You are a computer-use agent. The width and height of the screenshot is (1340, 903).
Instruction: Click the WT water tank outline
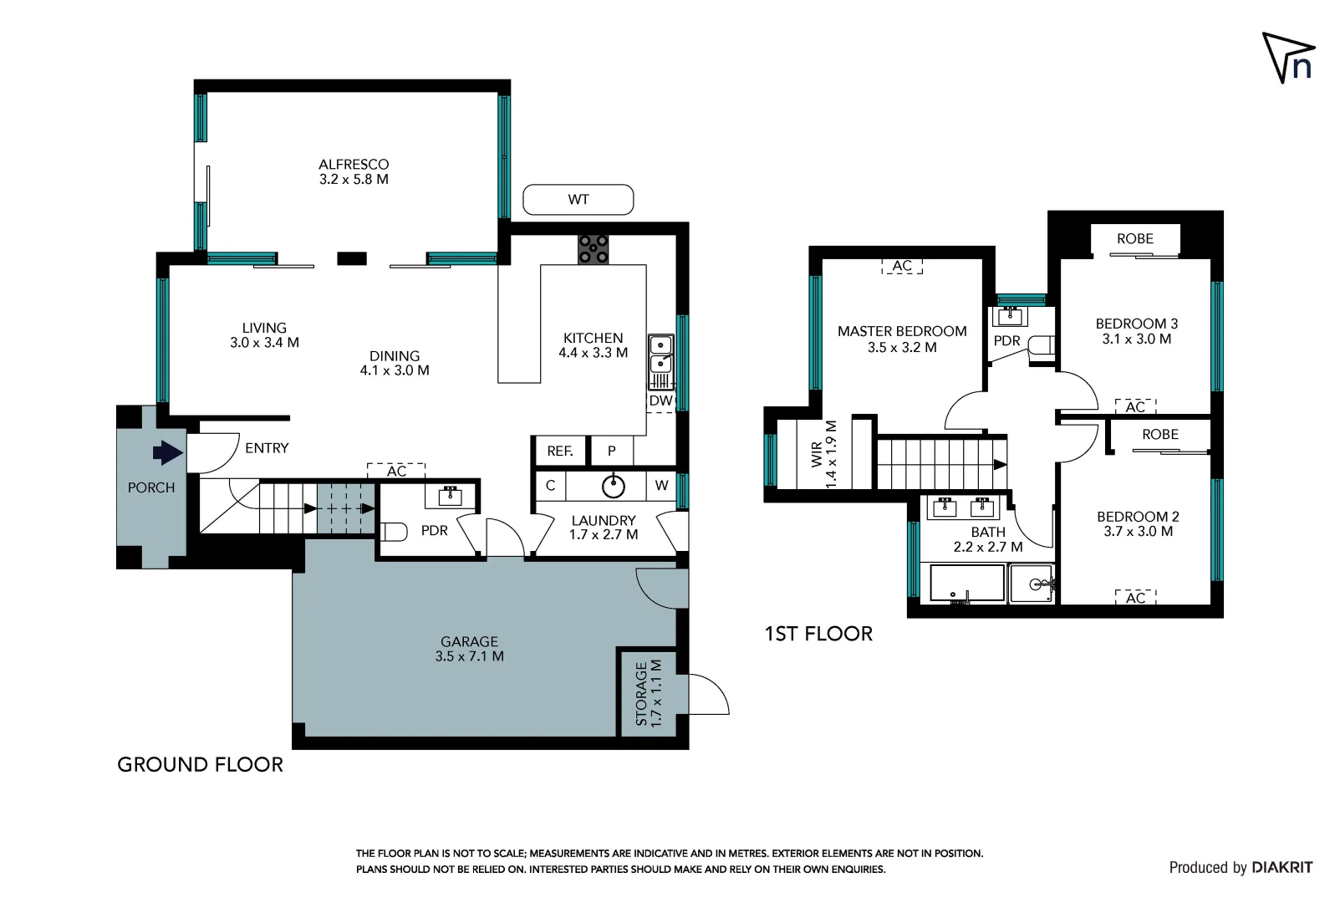[578, 200]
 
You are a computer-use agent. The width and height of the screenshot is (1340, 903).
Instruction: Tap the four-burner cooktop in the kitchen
[594, 249]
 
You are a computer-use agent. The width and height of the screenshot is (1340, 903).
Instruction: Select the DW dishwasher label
[660, 400]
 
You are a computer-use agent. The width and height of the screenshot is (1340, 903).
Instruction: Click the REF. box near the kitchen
[560, 451]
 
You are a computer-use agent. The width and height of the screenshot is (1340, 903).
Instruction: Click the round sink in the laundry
[614, 485]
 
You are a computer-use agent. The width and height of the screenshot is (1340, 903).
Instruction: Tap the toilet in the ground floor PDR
[394, 531]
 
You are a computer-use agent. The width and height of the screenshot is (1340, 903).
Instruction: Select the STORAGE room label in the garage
[642, 693]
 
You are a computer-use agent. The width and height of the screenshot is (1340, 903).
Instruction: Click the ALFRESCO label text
[354, 165]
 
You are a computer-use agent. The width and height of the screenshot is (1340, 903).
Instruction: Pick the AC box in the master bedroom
[902, 266]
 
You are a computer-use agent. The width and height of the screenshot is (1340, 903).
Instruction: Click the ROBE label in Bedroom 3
[1134, 239]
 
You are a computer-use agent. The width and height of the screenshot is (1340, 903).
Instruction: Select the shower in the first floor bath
[1032, 584]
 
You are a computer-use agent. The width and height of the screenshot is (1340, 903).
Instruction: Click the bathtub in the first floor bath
[967, 584]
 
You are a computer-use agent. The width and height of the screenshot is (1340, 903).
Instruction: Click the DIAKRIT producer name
[1281, 867]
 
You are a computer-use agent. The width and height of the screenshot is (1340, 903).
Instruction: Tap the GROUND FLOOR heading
[200, 764]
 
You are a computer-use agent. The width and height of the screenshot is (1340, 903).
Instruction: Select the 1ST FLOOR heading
[818, 634]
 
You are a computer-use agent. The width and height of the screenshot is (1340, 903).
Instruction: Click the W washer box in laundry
[661, 485]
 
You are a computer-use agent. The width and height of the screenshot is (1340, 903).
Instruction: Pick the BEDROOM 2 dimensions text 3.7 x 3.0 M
[1138, 531]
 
